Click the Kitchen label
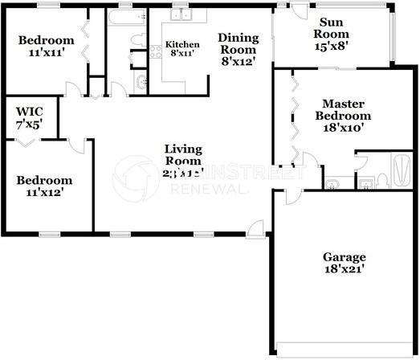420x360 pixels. click(x=181, y=44)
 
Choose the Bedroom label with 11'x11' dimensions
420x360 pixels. click(x=46, y=40)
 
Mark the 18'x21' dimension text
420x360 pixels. click(x=345, y=270)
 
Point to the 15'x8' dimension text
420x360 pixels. click(x=331, y=47)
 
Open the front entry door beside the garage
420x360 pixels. click(x=257, y=229)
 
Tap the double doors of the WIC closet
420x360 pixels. click(x=31, y=141)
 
